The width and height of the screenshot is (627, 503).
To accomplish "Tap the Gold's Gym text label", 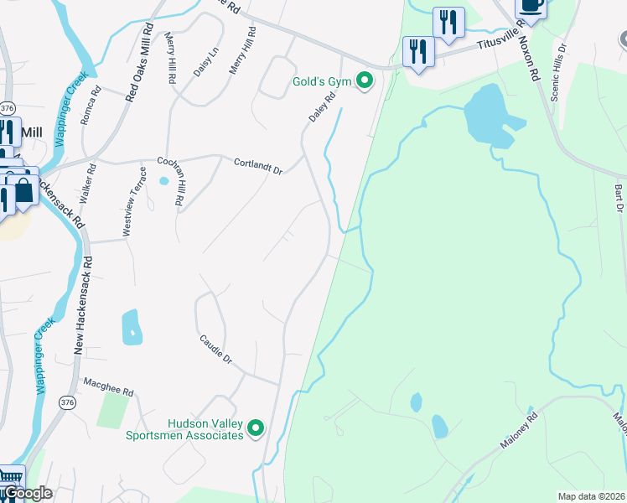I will point(322,82).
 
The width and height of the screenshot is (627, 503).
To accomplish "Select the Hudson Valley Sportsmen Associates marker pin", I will point(256,429).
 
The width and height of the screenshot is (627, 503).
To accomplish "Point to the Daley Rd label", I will point(322,107).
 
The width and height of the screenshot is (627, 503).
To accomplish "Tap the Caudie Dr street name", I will point(215,349).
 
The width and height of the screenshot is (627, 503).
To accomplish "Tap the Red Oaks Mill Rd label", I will point(140,63).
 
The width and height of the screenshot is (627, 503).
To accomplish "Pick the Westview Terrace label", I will point(135,202).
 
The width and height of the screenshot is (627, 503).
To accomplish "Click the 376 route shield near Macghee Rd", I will point(65,402).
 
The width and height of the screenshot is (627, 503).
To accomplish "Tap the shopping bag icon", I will point(23,190).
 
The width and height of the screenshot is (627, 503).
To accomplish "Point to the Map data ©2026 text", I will point(590,496).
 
